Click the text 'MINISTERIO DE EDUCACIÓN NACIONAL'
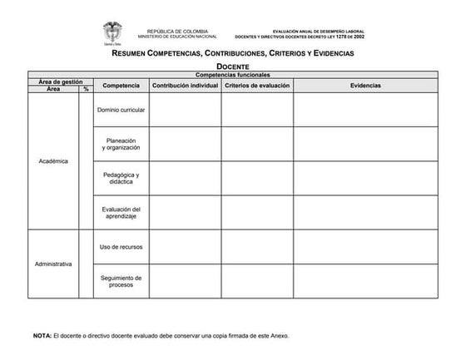pos(177,37)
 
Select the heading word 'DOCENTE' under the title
pos(233,66)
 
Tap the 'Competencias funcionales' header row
pos(233,75)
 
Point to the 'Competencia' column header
pos(121,86)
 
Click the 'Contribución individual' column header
pos(185,86)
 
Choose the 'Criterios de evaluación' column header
pos(257,86)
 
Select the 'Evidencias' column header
pos(365,86)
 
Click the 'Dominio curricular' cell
pos(121,110)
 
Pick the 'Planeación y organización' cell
pos(121,144)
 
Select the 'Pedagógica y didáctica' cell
pos(121,178)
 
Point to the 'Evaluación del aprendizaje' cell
pos(121,212)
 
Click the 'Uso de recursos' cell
pos(121,246)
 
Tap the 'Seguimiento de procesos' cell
pos(121,281)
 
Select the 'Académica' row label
pos(53,160)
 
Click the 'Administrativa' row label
pos(53,264)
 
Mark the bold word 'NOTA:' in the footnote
pos(42,336)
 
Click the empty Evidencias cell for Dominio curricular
pos(365,110)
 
